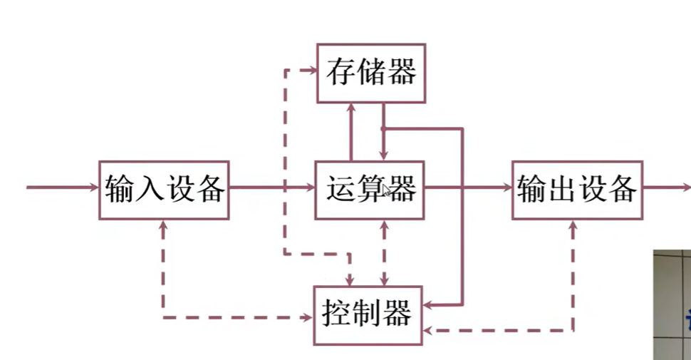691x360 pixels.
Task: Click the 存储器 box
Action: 371,73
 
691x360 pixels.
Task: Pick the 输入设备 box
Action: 164,190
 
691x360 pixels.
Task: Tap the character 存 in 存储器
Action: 341,73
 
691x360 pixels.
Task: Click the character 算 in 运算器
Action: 370,190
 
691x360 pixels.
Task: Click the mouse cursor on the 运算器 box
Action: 386,191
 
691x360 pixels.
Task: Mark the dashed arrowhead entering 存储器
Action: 312,70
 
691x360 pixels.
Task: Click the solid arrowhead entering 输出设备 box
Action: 507,188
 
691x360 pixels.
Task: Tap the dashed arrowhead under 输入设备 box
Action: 164,225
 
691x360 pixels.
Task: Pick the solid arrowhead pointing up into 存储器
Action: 350,108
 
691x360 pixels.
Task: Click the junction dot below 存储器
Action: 383,129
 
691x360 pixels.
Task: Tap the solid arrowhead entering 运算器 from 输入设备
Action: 310,188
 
